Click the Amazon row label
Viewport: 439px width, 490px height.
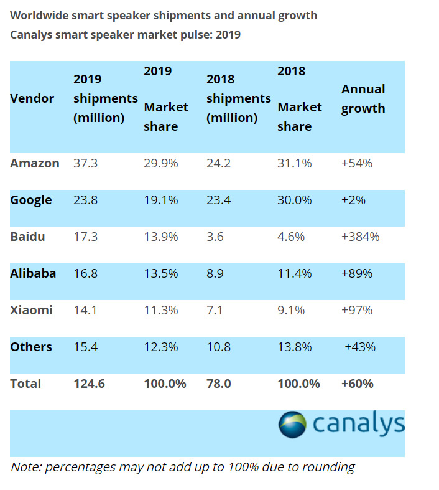[x=35, y=163]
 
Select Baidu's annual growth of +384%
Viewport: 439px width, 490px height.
[x=360, y=237]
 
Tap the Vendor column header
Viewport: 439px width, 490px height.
[x=32, y=98]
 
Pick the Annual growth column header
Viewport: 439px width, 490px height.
[x=363, y=98]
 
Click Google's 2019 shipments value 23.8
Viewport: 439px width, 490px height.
[x=86, y=200]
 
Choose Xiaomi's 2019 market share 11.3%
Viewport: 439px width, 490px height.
[x=161, y=310]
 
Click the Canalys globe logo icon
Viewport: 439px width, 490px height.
[x=292, y=425]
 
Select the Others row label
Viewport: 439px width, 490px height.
[x=31, y=347]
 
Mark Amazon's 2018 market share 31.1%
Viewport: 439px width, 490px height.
[x=295, y=163]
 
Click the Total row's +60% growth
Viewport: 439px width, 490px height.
[x=358, y=384]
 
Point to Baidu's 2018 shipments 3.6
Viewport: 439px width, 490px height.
[x=216, y=237]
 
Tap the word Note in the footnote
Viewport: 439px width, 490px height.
[x=25, y=466]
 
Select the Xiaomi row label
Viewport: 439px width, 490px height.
[x=32, y=310]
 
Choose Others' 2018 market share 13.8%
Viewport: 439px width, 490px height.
[x=295, y=347]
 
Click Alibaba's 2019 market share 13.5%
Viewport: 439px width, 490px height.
[x=161, y=273]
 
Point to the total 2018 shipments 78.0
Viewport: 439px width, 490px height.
[x=218, y=384]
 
